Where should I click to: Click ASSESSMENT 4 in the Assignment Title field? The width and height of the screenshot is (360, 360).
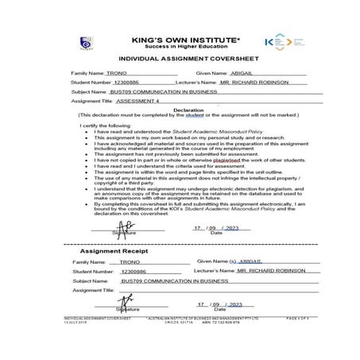pos(137,102)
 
